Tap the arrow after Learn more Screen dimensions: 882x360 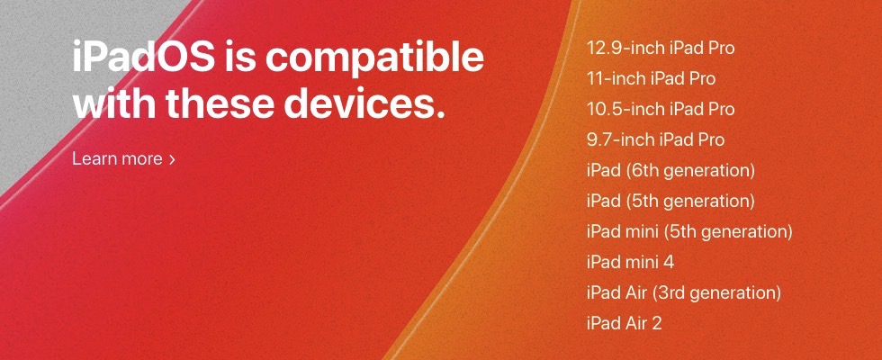point(172,160)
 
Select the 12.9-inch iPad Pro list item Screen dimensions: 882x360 point(661,48)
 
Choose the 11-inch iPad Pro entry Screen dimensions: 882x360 point(651,78)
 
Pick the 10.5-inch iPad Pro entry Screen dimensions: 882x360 point(661,109)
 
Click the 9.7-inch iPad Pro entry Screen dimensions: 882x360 point(655,139)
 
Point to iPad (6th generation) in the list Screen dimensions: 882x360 point(670,170)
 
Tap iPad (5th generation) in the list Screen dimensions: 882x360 point(670,201)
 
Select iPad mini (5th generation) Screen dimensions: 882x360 point(689,231)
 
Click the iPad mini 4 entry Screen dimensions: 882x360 point(630,262)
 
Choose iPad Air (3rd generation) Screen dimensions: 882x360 point(684,292)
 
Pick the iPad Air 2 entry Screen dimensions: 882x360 point(625,323)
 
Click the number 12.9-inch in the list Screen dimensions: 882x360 point(625,48)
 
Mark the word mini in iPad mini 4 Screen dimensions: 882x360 point(641,262)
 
